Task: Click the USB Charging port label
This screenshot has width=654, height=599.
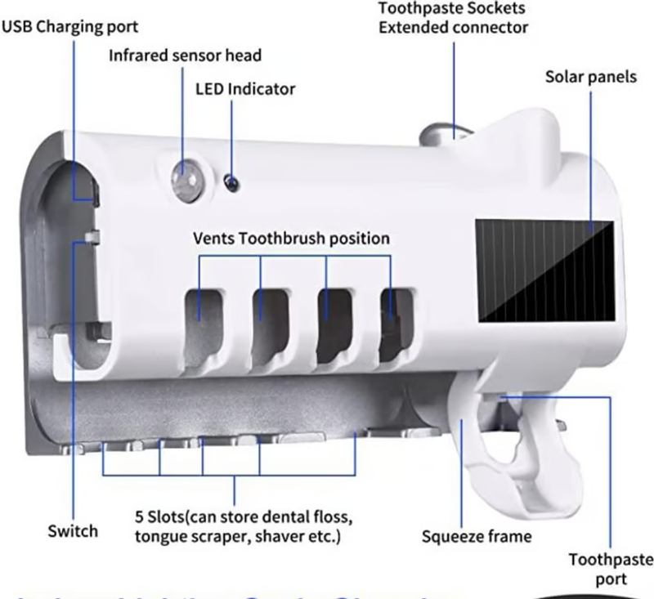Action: [x=69, y=26]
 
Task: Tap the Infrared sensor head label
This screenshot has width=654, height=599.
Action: [x=186, y=56]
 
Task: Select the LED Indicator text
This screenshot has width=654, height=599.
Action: [x=245, y=89]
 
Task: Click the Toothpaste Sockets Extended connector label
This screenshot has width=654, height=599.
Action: [x=453, y=18]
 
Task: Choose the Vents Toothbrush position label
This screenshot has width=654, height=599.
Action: [x=291, y=239]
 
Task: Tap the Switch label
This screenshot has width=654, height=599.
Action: [x=72, y=530]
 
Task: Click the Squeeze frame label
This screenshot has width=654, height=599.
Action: [x=477, y=537]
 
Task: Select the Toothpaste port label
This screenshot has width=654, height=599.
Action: [x=611, y=569]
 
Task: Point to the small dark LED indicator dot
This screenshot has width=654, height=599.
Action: [x=231, y=181]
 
